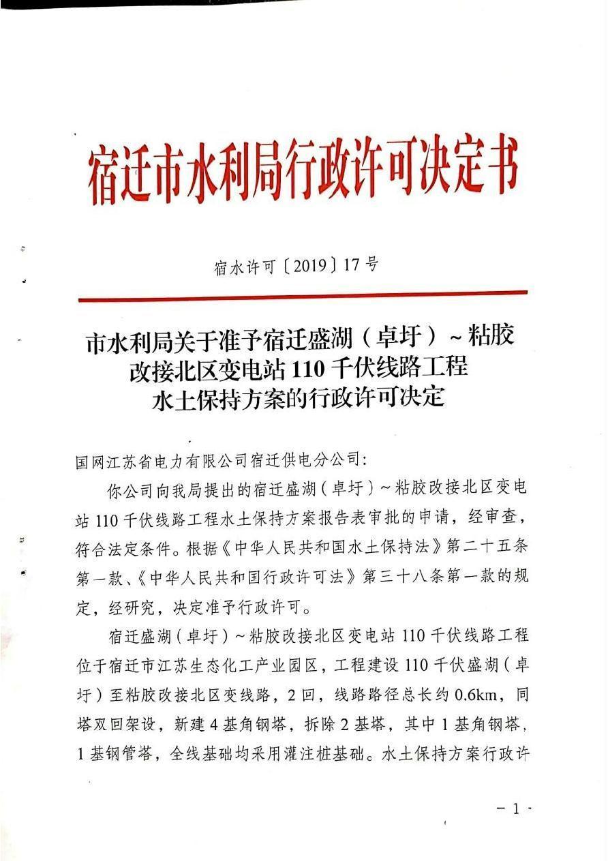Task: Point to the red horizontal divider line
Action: click(x=303, y=295)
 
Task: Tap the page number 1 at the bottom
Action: click(x=515, y=809)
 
